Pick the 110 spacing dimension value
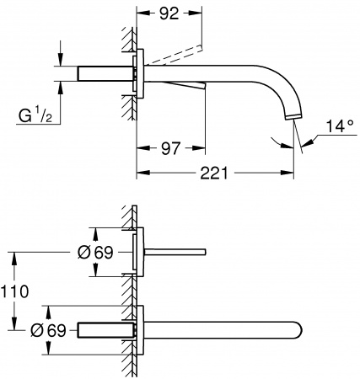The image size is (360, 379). tap(17, 291)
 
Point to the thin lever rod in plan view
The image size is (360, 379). tap(176, 251)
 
